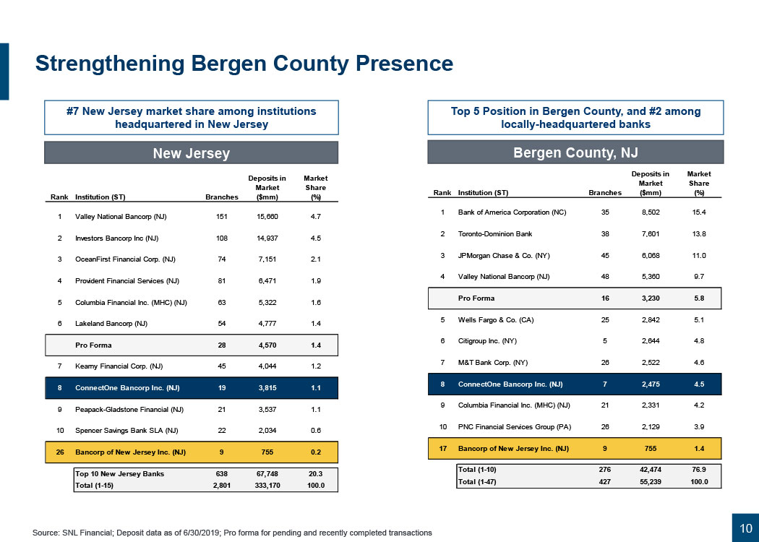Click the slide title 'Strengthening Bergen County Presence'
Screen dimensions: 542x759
pyautogui.click(x=244, y=64)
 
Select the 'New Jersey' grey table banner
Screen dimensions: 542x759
pyautogui.click(x=191, y=153)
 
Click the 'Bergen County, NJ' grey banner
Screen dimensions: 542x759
pyautogui.click(x=575, y=153)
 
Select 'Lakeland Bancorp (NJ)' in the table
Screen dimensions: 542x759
pyautogui.click(x=113, y=324)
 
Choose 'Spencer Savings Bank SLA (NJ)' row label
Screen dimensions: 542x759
pyautogui.click(x=127, y=431)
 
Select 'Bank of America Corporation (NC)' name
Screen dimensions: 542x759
pyautogui.click(x=513, y=212)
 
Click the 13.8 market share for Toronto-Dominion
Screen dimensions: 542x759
pyautogui.click(x=698, y=233)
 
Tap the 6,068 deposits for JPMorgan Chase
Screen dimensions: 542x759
pyautogui.click(x=651, y=255)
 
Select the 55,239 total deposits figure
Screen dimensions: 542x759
pyautogui.click(x=651, y=481)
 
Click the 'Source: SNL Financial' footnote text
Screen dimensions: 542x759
pyautogui.click(x=232, y=533)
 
